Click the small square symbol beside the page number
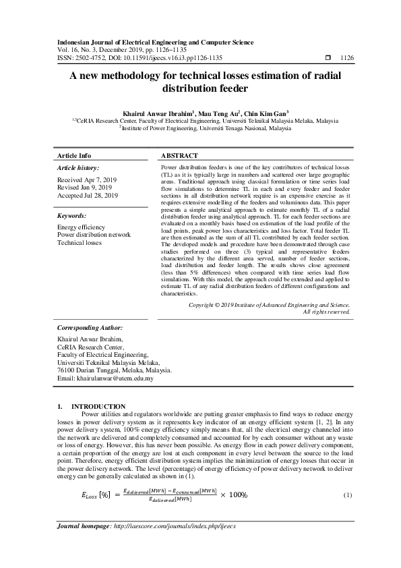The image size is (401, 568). pos(328,58)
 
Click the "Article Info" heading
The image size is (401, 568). pos(74,155)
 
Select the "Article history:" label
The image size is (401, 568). pos(78,167)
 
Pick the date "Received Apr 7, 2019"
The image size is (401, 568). pos(87,180)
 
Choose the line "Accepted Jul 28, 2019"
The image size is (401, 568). pos(88,195)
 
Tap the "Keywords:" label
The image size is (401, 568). pos(72,216)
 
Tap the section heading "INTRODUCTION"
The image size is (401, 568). pos(101,406)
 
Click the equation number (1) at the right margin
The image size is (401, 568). pos(348,495)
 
